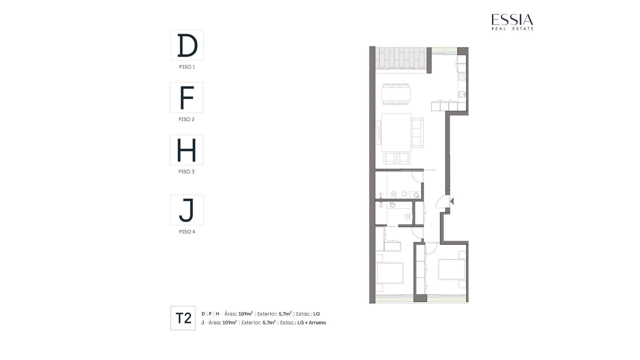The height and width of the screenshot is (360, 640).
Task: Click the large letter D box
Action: (x=187, y=45)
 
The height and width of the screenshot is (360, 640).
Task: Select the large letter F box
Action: (x=186, y=97)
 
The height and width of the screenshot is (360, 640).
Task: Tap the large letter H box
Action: (x=186, y=150)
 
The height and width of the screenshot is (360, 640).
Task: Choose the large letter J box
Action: (x=187, y=210)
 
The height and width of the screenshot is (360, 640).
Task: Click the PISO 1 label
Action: (x=187, y=67)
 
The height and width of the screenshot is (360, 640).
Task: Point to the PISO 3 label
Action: (x=186, y=172)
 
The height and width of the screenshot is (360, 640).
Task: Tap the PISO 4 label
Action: (x=187, y=232)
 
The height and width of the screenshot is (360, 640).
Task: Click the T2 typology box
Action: (x=183, y=318)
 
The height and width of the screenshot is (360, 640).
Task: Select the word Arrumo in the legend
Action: (x=317, y=323)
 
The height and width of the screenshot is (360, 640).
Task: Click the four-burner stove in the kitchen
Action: (x=462, y=77)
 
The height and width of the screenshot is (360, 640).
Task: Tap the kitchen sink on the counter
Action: (x=462, y=95)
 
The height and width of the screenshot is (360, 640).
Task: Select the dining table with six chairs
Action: (x=396, y=94)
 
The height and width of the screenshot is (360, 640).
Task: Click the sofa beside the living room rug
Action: (x=418, y=132)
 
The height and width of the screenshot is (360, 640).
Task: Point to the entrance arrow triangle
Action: (x=452, y=201)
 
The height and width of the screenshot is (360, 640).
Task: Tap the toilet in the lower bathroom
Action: (x=409, y=217)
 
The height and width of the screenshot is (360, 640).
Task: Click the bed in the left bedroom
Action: (x=389, y=273)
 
